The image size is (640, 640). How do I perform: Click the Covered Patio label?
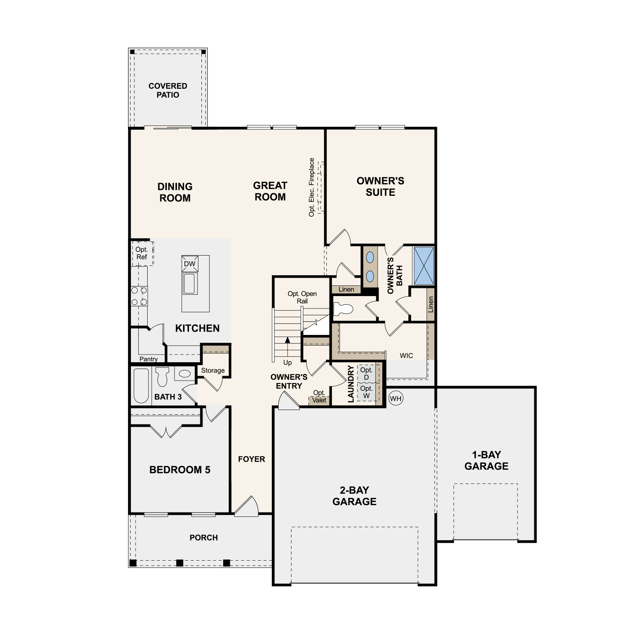pos(168,90)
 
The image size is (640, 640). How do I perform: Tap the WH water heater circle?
pos(396,399)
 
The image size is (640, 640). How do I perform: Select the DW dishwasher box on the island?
pos(189,264)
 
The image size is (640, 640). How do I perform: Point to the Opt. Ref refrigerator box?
pos(142,253)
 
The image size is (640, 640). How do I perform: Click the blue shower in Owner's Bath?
pos(424,265)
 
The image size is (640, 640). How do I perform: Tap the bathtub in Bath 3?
pos(141,386)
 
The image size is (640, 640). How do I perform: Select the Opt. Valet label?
pos(319,396)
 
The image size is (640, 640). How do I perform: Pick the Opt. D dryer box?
pos(367,374)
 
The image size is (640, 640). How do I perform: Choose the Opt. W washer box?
pos(367,392)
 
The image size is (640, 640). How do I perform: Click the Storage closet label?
pos(213,370)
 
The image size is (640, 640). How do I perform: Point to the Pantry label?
pos(148,359)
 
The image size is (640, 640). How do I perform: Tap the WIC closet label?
pos(406,355)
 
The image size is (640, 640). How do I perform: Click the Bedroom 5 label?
pos(180,470)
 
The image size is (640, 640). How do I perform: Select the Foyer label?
pos(251,459)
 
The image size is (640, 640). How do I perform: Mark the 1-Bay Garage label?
pos(486,460)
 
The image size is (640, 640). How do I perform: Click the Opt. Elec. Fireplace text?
pos(311,187)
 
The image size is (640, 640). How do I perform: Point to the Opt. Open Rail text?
pos(302,297)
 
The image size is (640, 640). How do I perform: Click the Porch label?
pos(204,538)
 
